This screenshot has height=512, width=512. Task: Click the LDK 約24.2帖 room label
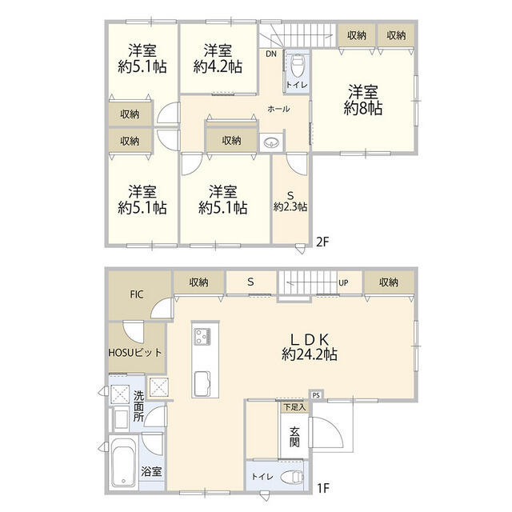pyautogui.click(x=310, y=346)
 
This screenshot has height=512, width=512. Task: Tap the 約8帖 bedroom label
pyautogui.click(x=362, y=100)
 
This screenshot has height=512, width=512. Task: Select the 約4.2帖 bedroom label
pyautogui.click(x=218, y=58)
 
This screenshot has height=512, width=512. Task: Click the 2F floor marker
pyautogui.click(x=322, y=242)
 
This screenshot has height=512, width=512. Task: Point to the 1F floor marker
pyautogui.click(x=323, y=489)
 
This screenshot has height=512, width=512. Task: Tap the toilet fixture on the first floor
pyautogui.click(x=292, y=477)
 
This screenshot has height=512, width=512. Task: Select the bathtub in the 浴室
pyautogui.click(x=123, y=462)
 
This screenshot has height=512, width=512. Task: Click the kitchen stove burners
pyautogui.click(x=202, y=337)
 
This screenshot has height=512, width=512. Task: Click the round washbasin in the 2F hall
pyautogui.click(x=270, y=142)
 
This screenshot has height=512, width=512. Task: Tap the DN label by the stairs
pyautogui.click(x=271, y=54)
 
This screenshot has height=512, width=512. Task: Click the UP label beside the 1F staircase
pyautogui.click(x=343, y=282)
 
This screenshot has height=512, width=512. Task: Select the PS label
pyautogui.click(x=316, y=395)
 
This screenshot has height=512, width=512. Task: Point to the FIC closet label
pyautogui.click(x=137, y=294)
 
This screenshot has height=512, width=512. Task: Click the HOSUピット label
pyautogui.click(x=135, y=353)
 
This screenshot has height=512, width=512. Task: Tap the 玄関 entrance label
pyautogui.click(x=294, y=437)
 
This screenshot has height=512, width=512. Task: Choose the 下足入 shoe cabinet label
pyautogui.click(x=294, y=407)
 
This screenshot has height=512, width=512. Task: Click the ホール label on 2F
pyautogui.click(x=278, y=109)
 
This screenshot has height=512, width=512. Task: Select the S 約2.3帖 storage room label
pyautogui.click(x=290, y=202)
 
